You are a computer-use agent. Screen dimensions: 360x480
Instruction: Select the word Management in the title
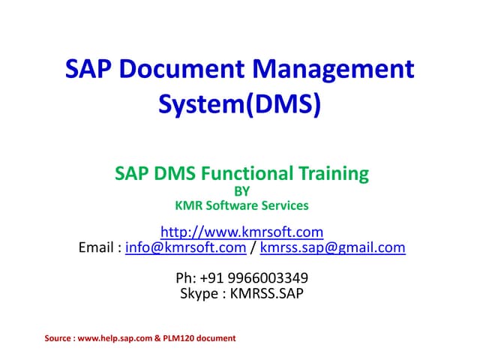coord(334,70)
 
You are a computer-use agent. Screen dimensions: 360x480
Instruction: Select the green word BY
coord(241,191)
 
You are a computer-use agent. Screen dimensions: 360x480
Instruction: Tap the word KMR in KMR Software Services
coord(188,205)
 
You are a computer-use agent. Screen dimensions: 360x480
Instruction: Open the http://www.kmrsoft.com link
coord(241,231)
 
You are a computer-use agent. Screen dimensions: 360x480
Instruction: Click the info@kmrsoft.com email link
coord(185,247)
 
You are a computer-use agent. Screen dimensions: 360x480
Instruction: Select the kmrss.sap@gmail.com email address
coord(332,247)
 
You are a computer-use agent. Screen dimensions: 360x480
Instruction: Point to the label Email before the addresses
coord(97,247)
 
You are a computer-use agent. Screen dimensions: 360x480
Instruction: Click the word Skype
coord(198,293)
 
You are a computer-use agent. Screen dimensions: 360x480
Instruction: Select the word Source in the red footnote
coord(58,338)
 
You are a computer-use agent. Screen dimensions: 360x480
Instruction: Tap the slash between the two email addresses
coord(253,247)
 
